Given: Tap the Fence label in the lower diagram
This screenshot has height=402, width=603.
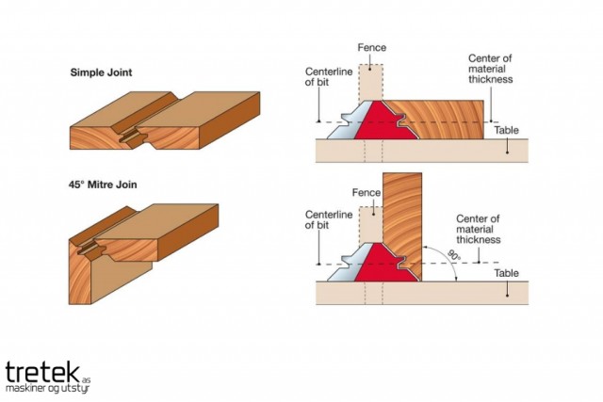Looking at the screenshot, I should coord(365,193).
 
